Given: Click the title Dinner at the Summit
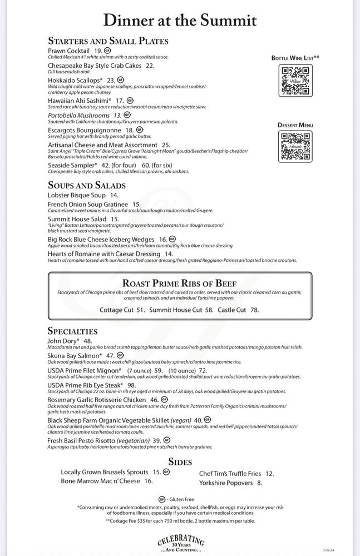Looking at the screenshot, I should (180, 20).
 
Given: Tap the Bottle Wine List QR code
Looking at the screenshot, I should (294, 81).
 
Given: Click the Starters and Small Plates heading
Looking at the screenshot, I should (108, 41).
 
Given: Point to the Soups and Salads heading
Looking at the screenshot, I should (87, 185).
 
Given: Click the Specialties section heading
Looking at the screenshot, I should (73, 331).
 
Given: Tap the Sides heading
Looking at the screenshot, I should (180, 462).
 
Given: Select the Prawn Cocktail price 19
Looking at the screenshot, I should (98, 51).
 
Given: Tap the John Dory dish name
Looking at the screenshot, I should (62, 341).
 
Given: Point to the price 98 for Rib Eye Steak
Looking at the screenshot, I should (131, 385).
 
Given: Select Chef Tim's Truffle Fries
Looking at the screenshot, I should (229, 474).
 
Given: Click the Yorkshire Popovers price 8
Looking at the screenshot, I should (259, 483).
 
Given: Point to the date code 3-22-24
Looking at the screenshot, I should (329, 549).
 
